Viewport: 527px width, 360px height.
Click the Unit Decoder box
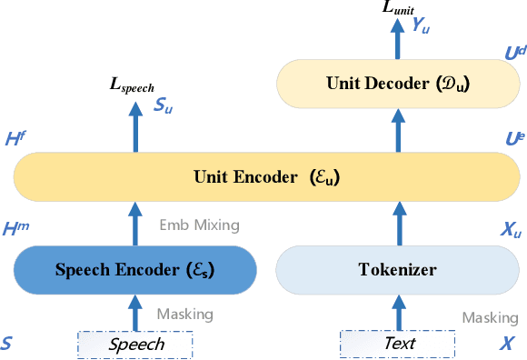[x=395, y=84]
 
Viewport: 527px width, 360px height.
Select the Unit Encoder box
[x=263, y=176]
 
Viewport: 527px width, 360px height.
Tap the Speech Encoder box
[x=136, y=269]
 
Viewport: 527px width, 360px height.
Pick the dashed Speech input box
[x=136, y=344]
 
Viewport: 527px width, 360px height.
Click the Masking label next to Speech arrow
[x=184, y=315]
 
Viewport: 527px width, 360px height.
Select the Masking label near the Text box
[x=489, y=318]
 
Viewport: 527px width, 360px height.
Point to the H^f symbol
[x=15, y=139]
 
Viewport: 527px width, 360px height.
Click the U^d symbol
[x=513, y=55]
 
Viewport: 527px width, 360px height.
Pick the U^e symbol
[x=513, y=139]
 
